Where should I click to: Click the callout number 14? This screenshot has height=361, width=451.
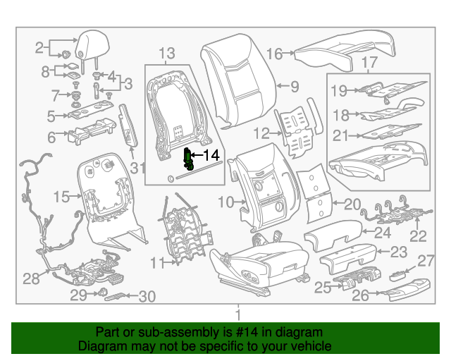pos(211,155)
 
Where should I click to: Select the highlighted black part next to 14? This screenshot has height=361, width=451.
pos(189,160)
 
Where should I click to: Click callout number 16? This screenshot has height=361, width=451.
pos(274,53)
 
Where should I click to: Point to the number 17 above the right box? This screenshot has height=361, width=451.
pos(369,63)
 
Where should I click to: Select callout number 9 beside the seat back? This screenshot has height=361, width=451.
pos(294,87)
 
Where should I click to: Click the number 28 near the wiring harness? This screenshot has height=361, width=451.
pos(31,279)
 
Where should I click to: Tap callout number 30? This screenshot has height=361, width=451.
pos(147,297)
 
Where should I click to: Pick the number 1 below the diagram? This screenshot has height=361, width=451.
pos(237,314)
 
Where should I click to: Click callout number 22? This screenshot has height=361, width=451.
pos(419,236)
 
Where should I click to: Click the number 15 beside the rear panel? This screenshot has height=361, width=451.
pos(63,197)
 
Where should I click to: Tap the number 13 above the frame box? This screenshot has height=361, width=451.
pos(166,53)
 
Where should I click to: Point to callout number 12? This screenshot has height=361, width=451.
pos(261,132)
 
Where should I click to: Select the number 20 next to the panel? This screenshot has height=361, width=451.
pos(351,204)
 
